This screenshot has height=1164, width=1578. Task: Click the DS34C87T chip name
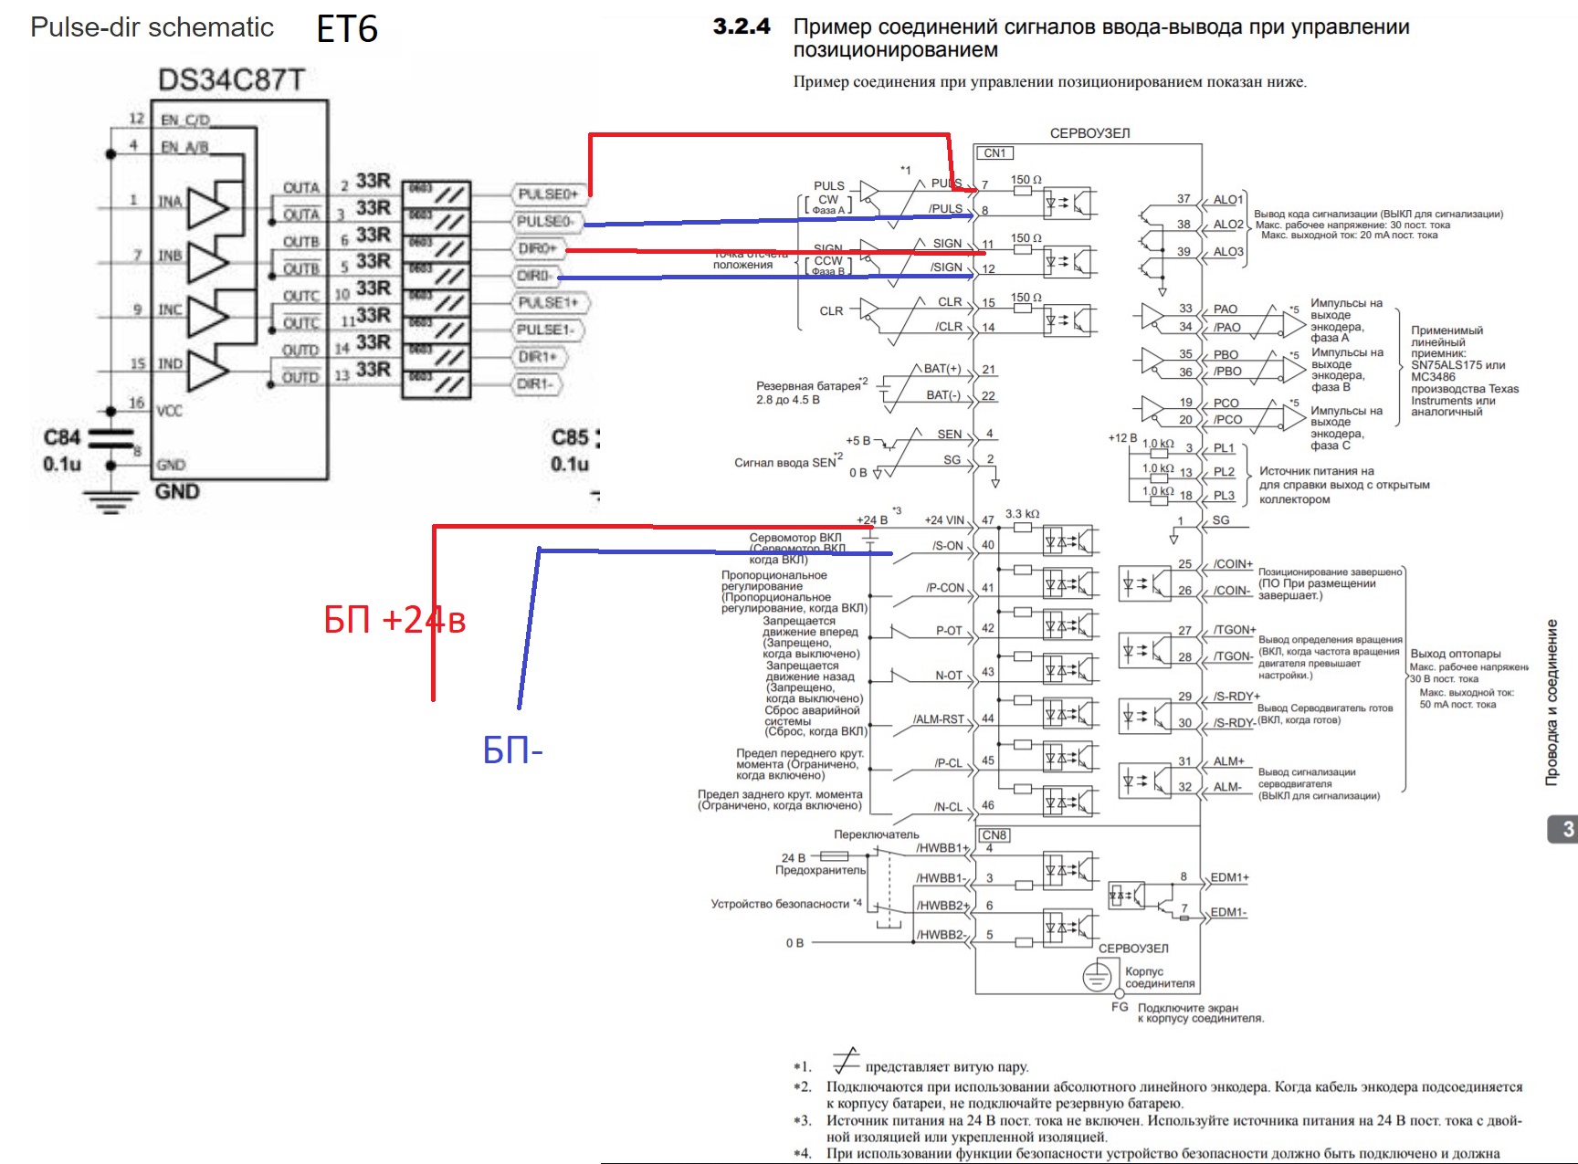point(231,80)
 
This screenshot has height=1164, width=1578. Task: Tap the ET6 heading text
point(347,29)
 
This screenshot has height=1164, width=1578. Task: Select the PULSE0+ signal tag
point(548,194)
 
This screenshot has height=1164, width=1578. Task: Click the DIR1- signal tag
point(536,383)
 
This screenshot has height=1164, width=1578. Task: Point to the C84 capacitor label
point(62,437)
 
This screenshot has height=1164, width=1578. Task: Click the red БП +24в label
point(394,620)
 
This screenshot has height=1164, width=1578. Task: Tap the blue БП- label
point(512,751)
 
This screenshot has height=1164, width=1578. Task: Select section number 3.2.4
point(742,26)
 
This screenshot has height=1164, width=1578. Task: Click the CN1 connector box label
point(995,153)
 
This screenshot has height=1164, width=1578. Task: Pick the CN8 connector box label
point(994,835)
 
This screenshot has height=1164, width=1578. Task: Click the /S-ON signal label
point(948,546)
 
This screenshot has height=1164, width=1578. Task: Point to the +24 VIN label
point(944,520)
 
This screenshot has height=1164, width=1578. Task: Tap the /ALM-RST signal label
point(939,719)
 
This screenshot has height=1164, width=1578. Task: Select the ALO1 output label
point(1228,200)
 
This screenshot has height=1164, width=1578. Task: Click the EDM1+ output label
point(1229,877)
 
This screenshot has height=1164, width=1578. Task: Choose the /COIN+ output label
point(1233,564)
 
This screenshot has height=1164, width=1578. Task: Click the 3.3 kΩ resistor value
point(1022,514)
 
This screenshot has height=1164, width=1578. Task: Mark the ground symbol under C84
point(110,501)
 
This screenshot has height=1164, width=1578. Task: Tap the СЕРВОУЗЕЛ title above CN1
point(1089,133)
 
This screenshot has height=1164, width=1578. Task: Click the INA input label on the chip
point(170,202)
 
